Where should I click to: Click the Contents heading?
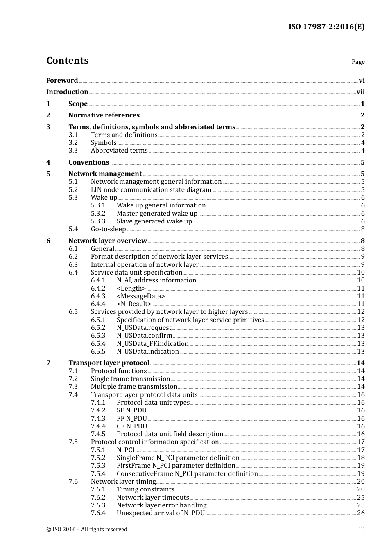(67, 61)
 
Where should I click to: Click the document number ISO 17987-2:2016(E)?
(326, 27)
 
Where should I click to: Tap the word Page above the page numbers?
(358, 62)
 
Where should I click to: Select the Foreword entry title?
(62, 80)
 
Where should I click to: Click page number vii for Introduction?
(360, 92)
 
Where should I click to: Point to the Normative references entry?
(104, 115)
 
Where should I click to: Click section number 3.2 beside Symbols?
(73, 143)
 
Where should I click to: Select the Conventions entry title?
(88, 162)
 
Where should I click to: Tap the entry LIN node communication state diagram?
(151, 190)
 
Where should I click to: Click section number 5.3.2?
(98, 214)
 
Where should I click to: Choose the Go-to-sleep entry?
(108, 229)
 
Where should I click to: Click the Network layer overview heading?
(107, 241)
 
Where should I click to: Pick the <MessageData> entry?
(140, 296)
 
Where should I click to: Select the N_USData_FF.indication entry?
(152, 344)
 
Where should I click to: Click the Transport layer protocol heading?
(109, 363)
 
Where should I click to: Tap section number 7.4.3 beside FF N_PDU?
(98, 419)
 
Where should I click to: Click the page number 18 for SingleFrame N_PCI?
(361, 458)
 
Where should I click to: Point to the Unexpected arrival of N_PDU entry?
(161, 513)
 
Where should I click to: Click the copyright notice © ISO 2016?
(87, 530)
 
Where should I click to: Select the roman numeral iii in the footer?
(362, 529)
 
